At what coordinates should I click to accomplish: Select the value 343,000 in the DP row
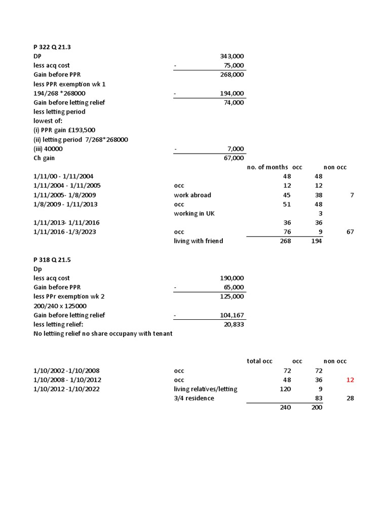tap(231, 56)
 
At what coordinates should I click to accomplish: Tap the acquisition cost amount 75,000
tap(234, 65)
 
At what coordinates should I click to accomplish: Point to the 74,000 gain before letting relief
tap(234, 102)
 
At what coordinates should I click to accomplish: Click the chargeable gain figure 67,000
tap(234, 158)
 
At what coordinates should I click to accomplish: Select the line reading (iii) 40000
tap(48, 149)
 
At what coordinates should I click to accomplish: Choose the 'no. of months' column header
tap(267, 167)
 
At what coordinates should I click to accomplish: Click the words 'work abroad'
tap(192, 195)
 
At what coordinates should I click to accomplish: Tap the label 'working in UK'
tap(194, 213)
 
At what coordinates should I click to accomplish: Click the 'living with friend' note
tap(198, 241)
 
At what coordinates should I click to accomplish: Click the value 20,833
tap(234, 324)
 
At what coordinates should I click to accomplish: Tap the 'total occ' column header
tap(259, 361)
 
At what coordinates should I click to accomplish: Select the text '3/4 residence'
tap(193, 398)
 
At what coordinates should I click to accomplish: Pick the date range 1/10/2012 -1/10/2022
tap(66, 389)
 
